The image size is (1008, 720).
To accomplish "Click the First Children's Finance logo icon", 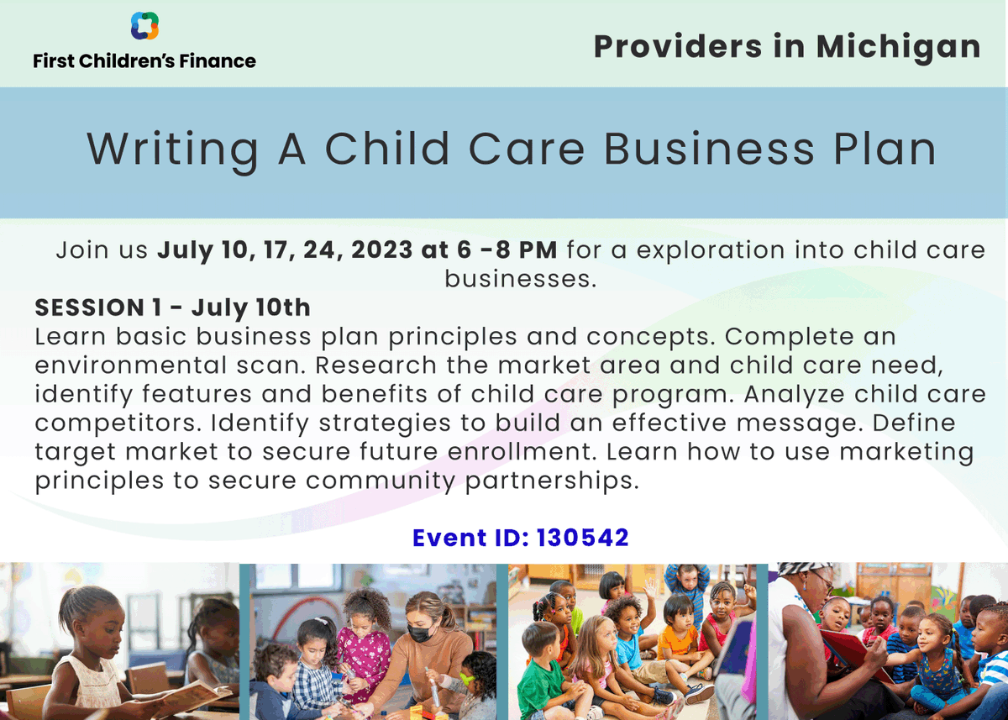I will [144, 26].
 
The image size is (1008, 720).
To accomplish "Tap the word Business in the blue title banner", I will [709, 150].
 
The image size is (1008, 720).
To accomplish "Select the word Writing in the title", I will [173, 150].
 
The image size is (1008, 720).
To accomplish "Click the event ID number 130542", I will [582, 538].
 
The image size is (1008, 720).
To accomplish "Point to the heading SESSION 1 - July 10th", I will [172, 307].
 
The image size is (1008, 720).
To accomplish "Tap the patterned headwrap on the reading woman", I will [801, 569].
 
